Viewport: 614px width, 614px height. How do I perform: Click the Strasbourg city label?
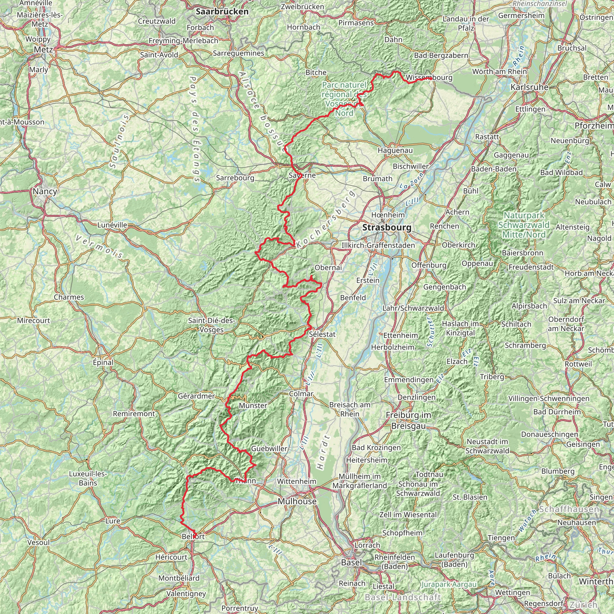pos(387,228)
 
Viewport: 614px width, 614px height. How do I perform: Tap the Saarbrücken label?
pos(222,12)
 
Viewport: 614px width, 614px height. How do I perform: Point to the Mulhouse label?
pos(297,501)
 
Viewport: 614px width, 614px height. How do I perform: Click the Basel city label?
pos(351,562)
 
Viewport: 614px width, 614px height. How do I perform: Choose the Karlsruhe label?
pos(529,87)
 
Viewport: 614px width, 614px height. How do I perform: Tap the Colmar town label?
pos(301,394)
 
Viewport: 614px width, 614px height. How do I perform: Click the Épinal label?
pos(103,362)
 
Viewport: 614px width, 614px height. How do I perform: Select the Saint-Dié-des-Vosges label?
pos(212,325)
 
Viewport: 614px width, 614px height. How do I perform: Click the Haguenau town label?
pos(395,150)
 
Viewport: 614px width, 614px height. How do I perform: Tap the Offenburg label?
pos(429,265)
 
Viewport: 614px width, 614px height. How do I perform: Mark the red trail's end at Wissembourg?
pos(431,79)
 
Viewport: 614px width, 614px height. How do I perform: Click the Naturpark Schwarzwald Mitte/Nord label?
pos(524,225)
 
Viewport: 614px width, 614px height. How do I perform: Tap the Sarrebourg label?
pos(235,178)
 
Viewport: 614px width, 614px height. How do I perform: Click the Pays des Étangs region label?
pos(195,129)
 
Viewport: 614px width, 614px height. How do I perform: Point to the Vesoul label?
pos(38,542)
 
